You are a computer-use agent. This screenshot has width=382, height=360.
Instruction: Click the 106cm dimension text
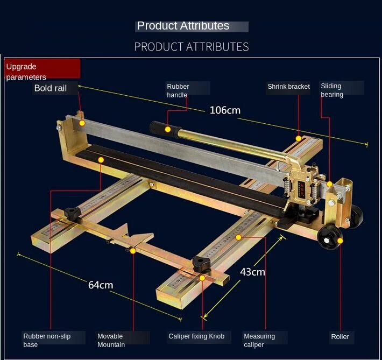pos(225,110)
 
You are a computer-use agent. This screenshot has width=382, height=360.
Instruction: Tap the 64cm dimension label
pos(101,285)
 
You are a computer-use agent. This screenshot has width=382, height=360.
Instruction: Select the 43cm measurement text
pos(252,272)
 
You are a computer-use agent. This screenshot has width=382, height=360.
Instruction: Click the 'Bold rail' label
pos(51,88)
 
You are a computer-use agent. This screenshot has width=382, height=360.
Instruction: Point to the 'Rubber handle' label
pos(178,90)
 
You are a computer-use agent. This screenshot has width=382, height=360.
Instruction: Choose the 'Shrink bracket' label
pos(288,87)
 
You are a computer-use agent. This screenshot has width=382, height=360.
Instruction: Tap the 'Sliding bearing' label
pos(332,90)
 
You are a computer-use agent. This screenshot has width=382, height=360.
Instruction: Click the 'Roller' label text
pos(340,337)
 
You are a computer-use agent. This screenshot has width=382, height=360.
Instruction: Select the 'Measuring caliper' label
pos(259,340)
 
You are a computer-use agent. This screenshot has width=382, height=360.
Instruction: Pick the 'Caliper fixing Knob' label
pos(196,336)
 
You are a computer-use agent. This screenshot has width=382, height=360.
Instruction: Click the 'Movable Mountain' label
pos(111,340)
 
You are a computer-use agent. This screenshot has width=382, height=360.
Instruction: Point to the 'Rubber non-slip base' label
pos(47,340)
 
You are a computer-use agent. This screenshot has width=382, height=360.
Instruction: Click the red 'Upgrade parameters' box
pos(42,68)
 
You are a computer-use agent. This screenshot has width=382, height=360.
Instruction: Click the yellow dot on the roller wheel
pos(340,241)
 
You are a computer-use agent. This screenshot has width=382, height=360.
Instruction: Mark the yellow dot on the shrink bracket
pos(299,138)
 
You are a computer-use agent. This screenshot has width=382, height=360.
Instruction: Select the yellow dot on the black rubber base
pos(101,160)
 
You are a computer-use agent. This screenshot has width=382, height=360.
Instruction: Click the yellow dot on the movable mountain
pos(133,251)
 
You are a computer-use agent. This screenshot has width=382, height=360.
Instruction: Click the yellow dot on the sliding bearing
pos(329,184)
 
